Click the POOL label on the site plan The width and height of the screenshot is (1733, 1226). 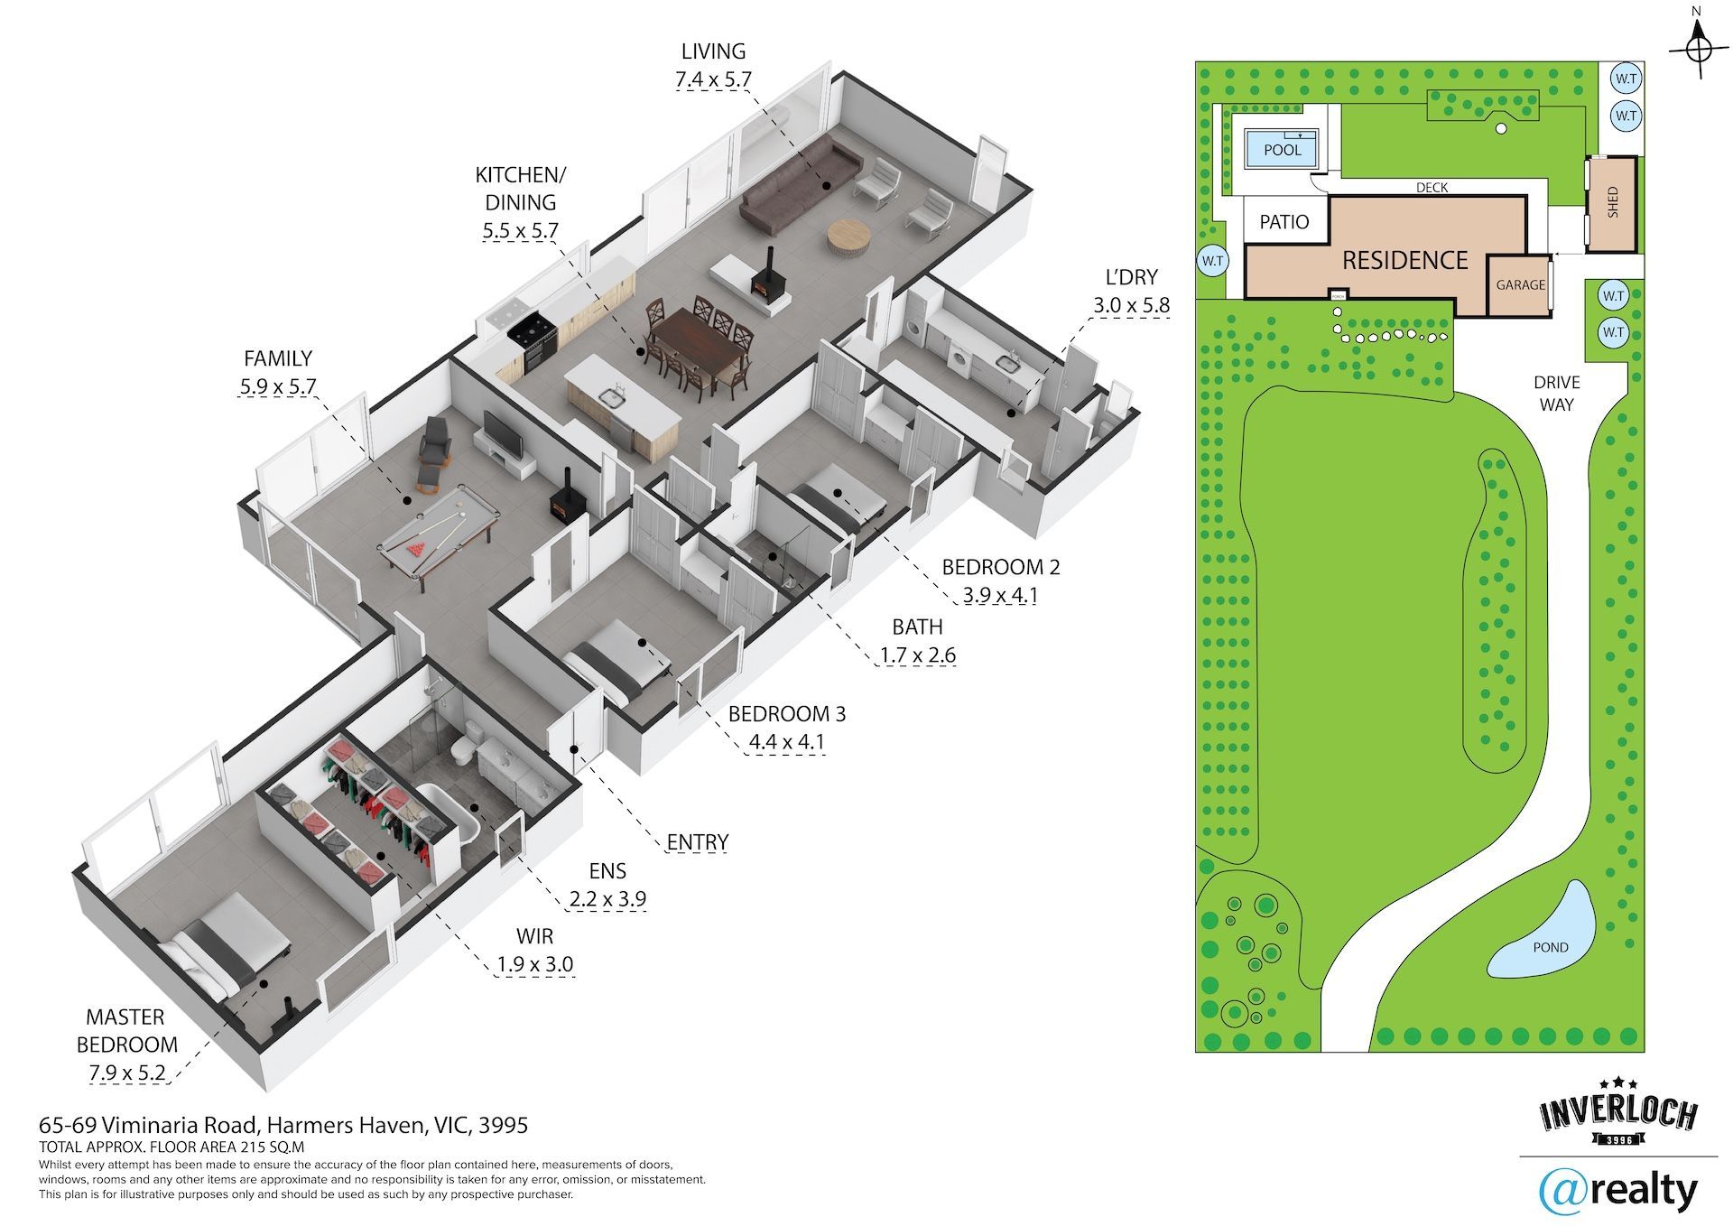pos(1283,150)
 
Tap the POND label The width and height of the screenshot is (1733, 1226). pos(1551,947)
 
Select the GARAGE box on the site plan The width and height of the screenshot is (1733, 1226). pos(1520,285)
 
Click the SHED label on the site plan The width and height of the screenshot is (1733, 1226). pos(1613,202)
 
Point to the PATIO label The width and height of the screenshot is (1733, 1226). pos(1284,222)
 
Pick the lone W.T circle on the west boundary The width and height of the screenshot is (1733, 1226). pos(1212,261)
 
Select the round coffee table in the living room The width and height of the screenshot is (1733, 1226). pos(848,239)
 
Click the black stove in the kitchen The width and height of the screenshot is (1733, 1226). pos(530,339)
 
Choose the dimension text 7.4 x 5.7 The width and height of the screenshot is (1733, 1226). pos(713,79)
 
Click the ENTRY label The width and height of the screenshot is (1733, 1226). pos(697,842)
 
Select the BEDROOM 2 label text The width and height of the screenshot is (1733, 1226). pos(1000,567)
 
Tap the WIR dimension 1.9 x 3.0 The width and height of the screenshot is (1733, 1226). pos(534,964)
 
